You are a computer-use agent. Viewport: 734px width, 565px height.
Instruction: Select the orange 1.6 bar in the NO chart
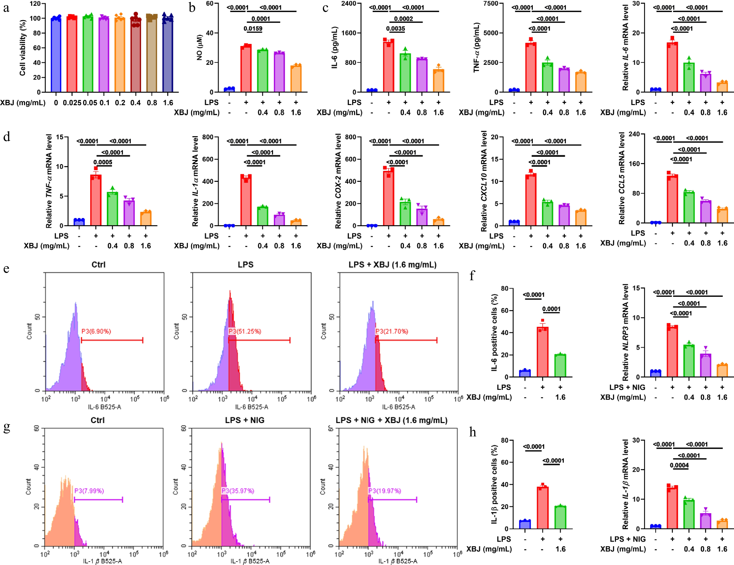pyautogui.click(x=296, y=79)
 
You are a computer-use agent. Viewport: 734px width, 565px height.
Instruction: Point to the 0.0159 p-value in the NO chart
pyautogui.click(x=253, y=29)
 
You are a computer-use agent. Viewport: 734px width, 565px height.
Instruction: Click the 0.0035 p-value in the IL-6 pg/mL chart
pyautogui.click(x=395, y=29)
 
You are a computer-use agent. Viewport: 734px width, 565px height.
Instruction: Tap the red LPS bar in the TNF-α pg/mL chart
pyautogui.click(x=531, y=67)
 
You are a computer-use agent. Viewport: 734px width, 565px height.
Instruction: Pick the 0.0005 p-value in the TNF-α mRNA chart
pyautogui.click(x=103, y=162)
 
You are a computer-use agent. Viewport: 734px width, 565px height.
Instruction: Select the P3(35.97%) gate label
pyautogui.click(x=238, y=491)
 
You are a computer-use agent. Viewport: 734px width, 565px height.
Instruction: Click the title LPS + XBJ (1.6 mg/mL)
pyautogui.click(x=392, y=265)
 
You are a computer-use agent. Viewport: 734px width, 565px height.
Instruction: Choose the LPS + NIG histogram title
pyautogui.click(x=245, y=420)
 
